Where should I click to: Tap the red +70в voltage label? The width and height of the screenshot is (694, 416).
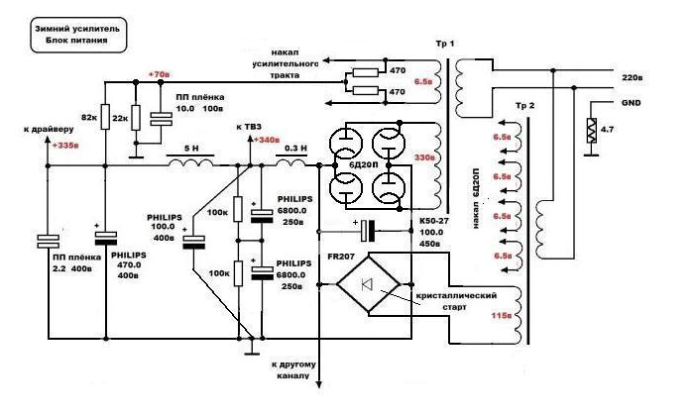(x=158, y=75)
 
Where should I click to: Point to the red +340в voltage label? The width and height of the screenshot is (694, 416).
(x=268, y=141)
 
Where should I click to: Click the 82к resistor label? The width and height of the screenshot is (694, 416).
(x=87, y=118)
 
